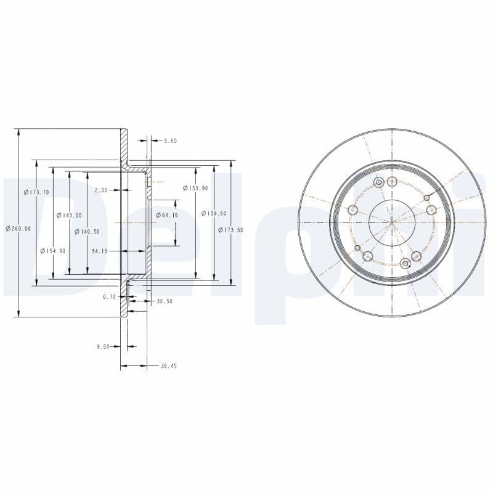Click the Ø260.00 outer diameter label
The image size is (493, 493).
(18, 229)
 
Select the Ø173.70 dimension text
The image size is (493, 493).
(36, 192)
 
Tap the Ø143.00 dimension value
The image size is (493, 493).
(69, 215)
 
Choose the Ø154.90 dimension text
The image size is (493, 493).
(52, 251)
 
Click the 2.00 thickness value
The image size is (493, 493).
(101, 190)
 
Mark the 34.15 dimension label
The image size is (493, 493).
(99, 251)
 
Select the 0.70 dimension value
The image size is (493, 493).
(109, 296)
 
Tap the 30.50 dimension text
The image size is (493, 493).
(165, 301)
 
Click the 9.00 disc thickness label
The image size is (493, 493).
(102, 346)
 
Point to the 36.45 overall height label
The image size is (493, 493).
(168, 366)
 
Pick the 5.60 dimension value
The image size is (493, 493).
(170, 141)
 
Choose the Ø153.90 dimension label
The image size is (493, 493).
(195, 188)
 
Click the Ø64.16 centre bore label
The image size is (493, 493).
(166, 215)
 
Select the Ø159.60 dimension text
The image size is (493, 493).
(214, 213)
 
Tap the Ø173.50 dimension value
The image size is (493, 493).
(231, 229)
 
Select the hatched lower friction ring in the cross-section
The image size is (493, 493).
(124, 302)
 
